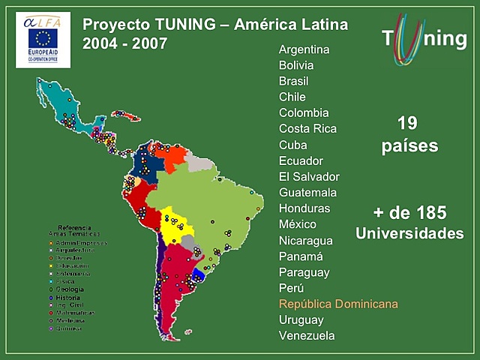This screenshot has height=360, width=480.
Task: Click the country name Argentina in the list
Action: coord(304,49)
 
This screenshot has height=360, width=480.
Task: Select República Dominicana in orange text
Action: coord(338,304)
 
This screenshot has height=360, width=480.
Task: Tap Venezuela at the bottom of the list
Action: coord(307,335)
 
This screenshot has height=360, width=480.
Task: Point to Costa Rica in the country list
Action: coord(307,128)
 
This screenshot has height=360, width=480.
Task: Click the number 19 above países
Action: coord(408,123)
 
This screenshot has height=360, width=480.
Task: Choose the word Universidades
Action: coord(409,233)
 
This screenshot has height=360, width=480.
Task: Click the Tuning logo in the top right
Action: coord(423,38)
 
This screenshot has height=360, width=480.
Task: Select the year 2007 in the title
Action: coord(144,43)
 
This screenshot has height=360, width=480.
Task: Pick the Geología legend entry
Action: coord(69,289)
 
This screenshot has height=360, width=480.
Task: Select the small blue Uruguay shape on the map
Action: coord(199,275)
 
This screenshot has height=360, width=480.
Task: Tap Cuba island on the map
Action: coord(126,115)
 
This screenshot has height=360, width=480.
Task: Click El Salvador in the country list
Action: coord(309,176)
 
